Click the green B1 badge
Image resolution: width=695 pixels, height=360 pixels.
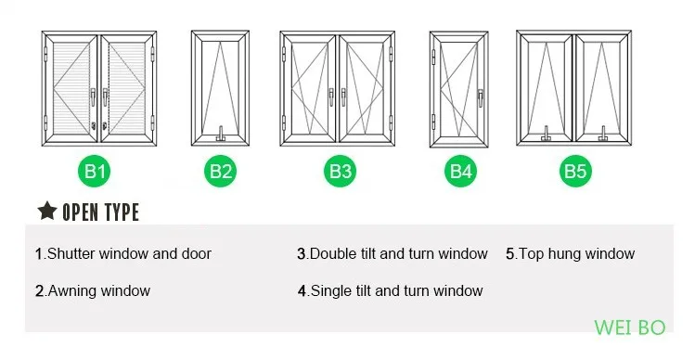(x=95, y=171)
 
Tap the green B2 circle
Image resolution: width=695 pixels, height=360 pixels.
(x=220, y=171)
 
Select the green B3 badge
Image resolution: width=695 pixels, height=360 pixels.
(x=340, y=171)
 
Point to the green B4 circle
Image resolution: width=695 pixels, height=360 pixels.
(x=461, y=171)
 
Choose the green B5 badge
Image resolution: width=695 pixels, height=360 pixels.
(x=575, y=171)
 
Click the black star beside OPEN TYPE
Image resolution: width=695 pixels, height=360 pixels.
(x=47, y=211)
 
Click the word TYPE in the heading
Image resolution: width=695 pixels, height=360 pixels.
(x=121, y=212)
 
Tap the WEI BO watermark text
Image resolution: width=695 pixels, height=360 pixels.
(x=629, y=328)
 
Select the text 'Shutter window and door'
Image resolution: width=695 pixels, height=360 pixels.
(x=129, y=254)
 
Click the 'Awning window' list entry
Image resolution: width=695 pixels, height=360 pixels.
(x=99, y=290)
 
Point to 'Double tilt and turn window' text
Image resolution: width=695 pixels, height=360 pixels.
(x=398, y=254)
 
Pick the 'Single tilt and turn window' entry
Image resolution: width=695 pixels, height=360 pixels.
(x=396, y=290)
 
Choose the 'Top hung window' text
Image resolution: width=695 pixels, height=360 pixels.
(x=576, y=254)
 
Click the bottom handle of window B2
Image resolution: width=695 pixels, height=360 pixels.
(x=220, y=134)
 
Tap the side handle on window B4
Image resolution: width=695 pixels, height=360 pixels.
(x=480, y=97)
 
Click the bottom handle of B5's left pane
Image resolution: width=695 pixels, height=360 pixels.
(x=546, y=134)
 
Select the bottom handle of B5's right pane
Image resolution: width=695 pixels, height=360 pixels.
(x=603, y=134)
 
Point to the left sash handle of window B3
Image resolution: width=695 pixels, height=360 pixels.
(x=331, y=97)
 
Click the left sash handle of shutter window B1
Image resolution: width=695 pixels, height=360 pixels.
(x=93, y=97)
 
